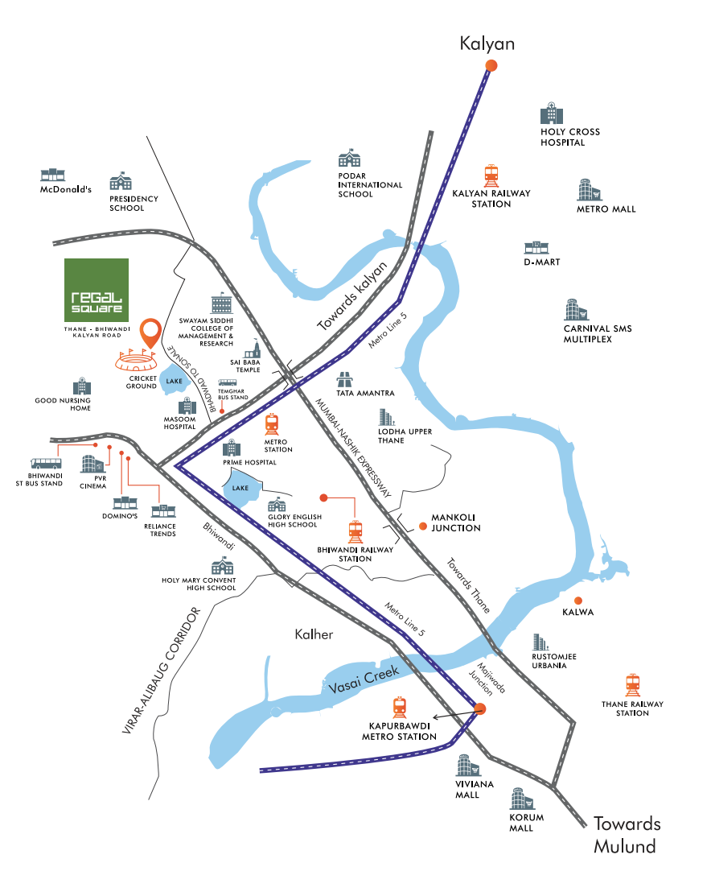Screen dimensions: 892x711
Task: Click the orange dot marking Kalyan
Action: click(491, 66)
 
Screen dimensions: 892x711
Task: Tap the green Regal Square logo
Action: click(96, 290)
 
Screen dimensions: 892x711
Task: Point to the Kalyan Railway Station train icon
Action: click(491, 175)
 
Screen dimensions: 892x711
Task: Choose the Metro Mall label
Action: click(606, 209)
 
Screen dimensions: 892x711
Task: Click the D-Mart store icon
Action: click(535, 247)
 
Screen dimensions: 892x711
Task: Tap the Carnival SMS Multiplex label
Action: click(599, 334)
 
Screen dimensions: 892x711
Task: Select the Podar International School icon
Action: click(349, 159)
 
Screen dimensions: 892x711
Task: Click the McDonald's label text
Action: click(67, 190)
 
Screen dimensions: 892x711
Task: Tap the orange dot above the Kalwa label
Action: click(577, 600)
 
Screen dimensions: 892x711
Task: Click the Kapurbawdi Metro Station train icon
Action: click(400, 707)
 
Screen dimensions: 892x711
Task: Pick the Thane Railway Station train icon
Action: click(634, 685)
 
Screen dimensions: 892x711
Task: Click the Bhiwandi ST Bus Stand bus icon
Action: click(46, 464)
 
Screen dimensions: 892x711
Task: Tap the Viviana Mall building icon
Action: click(466, 765)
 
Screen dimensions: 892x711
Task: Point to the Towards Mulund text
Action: click(627, 835)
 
